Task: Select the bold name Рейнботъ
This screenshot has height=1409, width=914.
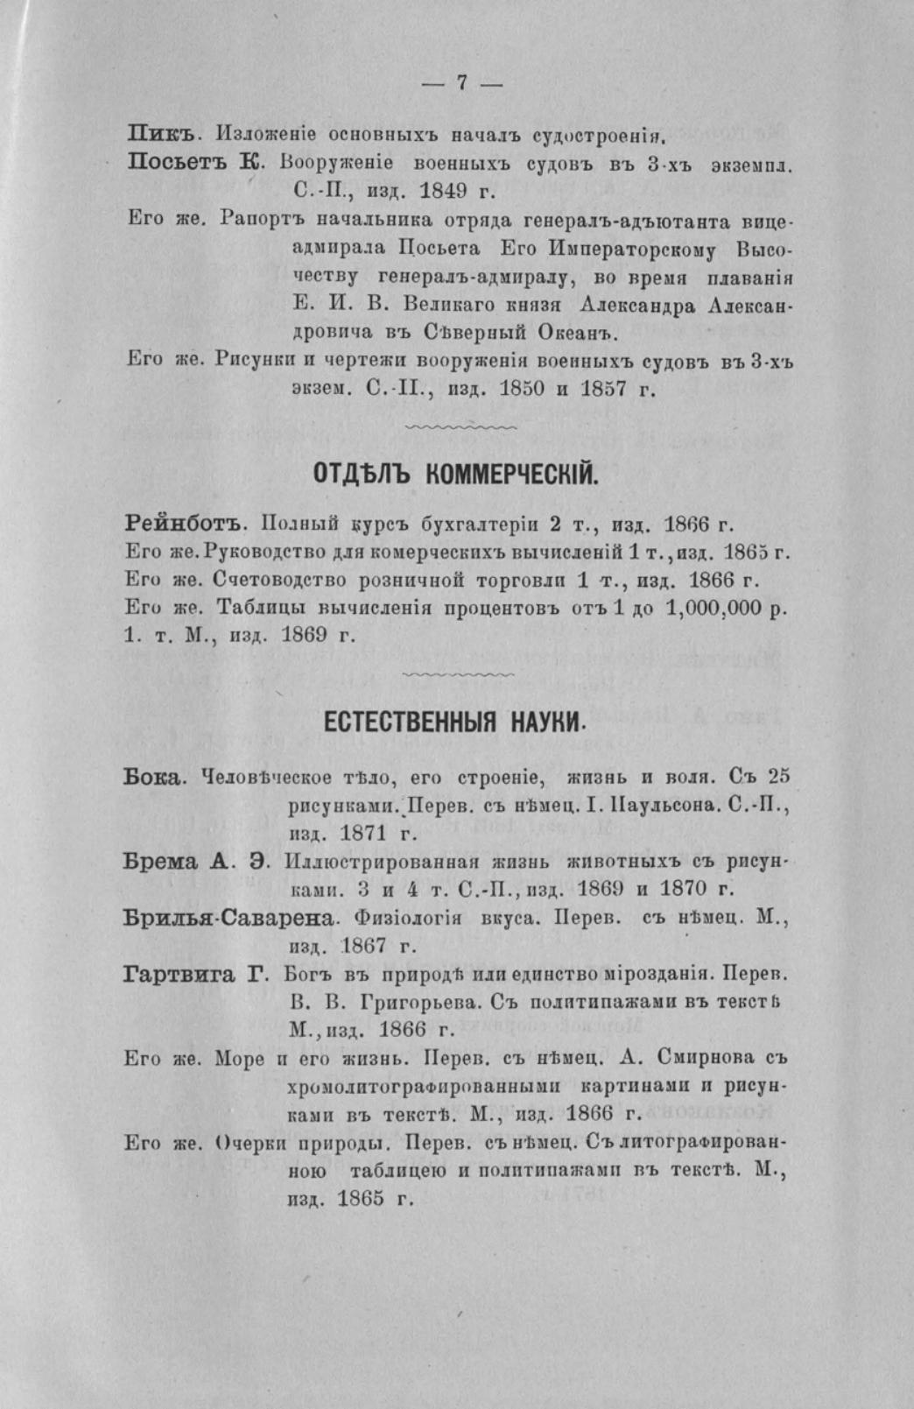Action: (181, 525)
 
